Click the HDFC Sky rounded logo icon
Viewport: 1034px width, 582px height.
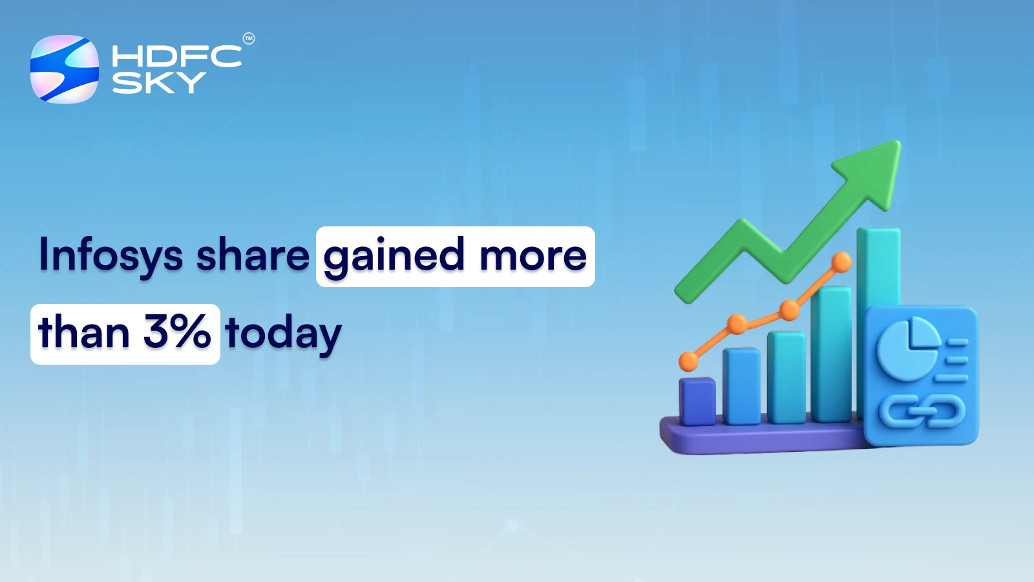click(x=65, y=69)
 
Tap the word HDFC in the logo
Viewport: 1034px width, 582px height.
click(x=176, y=56)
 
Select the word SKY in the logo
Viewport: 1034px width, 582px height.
click(x=158, y=83)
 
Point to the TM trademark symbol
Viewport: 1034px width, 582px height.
click(x=249, y=39)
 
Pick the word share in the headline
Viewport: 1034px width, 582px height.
click(x=253, y=255)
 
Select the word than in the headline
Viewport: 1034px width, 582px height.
click(x=84, y=333)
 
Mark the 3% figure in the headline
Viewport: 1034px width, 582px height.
click(x=176, y=332)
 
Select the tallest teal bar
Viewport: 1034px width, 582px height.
click(x=878, y=272)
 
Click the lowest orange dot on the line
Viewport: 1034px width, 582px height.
click(x=689, y=361)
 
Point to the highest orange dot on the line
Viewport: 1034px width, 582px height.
click(x=841, y=263)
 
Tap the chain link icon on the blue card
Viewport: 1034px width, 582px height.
click(x=922, y=411)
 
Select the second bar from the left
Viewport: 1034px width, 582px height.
click(x=741, y=387)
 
